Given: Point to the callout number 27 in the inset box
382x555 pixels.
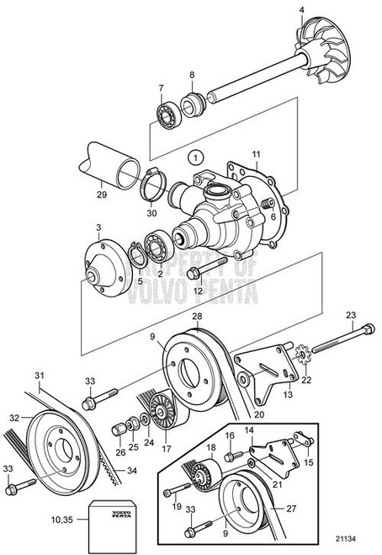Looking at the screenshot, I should coord(290,509).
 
